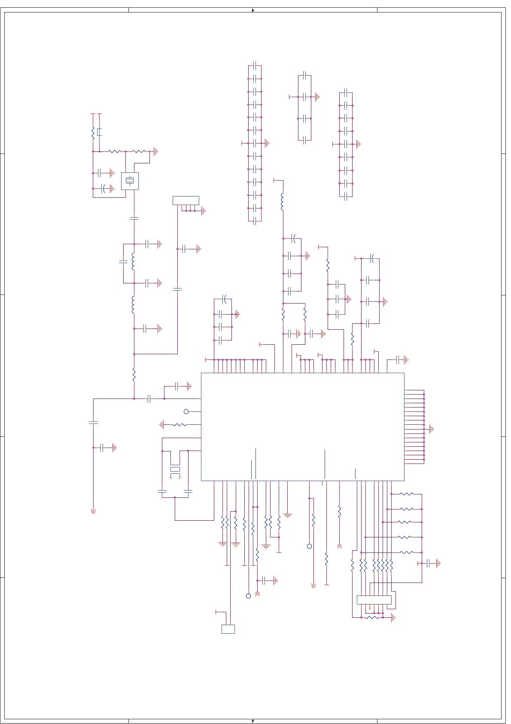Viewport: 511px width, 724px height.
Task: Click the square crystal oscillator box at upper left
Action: coord(130,181)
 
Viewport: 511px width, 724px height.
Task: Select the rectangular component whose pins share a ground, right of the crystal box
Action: coord(186,200)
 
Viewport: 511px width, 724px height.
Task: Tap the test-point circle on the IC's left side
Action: coord(186,411)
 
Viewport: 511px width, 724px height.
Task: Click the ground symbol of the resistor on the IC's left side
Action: coord(162,425)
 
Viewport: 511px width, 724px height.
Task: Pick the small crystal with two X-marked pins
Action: coord(175,469)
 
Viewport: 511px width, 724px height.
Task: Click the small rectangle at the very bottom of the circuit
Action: coord(228,629)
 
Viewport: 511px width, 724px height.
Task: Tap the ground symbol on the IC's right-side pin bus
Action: coord(431,429)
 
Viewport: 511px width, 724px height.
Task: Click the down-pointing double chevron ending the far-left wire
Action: coord(93,511)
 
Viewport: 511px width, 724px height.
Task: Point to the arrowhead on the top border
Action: coord(253,10)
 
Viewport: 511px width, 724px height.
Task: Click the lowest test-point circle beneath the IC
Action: coord(248,596)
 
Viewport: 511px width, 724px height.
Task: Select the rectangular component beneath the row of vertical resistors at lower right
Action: coord(374,600)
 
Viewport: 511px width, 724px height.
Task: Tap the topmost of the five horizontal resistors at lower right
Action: coord(406,494)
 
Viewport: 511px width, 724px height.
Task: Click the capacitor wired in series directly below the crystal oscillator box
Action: coord(134,218)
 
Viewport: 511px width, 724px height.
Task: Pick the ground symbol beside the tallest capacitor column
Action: coord(267,143)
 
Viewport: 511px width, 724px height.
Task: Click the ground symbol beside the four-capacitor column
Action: coord(317,97)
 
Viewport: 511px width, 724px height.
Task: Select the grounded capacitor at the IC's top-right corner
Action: coord(400,359)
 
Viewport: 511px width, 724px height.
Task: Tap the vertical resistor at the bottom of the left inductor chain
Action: coord(134,374)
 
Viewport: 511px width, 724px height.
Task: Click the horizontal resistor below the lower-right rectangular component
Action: coord(372,617)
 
